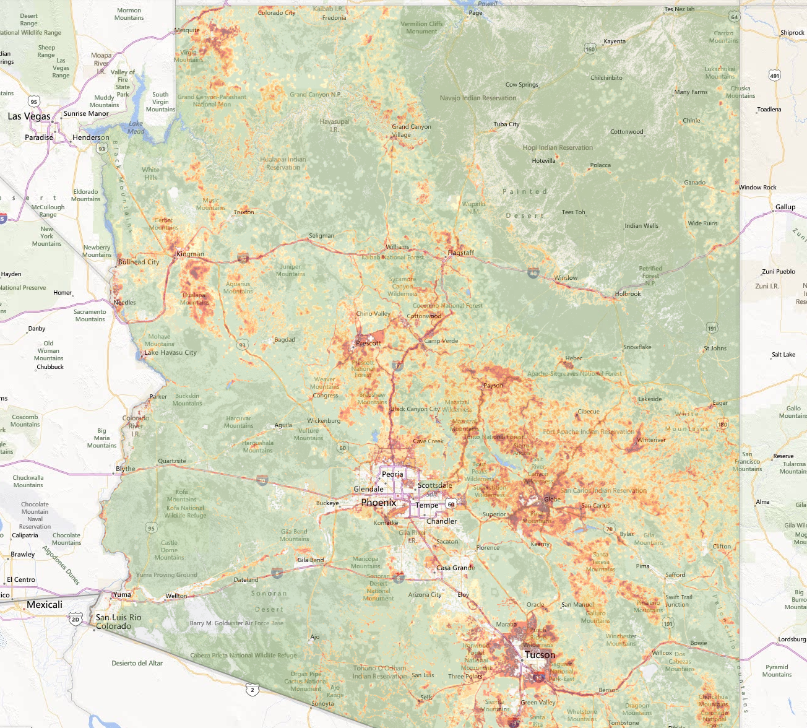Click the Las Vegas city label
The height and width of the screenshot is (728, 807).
(28, 116)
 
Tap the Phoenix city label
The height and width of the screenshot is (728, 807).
(378, 503)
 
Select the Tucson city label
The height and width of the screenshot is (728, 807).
(540, 655)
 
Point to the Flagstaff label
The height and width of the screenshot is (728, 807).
(461, 253)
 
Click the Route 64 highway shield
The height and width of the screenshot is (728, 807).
(734, 17)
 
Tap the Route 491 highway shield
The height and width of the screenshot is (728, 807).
(774, 76)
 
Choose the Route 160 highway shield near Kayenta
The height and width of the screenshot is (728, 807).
(590, 49)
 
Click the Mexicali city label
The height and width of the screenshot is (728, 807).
(45, 605)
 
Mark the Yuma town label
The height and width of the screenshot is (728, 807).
(122, 594)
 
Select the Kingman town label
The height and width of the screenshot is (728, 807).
(190, 254)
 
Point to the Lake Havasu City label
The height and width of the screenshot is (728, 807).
(170, 353)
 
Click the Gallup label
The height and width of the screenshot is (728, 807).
(785, 207)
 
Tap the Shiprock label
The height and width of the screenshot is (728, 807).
(792, 33)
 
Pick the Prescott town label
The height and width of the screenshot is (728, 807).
(368, 343)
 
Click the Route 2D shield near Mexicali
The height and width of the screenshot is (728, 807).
(76, 619)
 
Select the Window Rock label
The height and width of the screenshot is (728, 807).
(757, 188)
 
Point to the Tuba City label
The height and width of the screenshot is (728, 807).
(506, 124)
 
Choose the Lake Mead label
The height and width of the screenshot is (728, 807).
(136, 128)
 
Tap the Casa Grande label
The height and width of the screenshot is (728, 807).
(455, 568)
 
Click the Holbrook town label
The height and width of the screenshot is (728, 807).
(628, 294)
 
